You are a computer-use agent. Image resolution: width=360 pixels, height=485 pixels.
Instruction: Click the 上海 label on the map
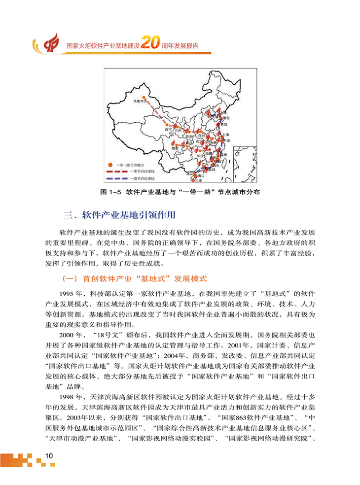pos(225,134)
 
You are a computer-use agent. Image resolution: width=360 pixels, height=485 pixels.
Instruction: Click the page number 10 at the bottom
pos(48,455)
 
